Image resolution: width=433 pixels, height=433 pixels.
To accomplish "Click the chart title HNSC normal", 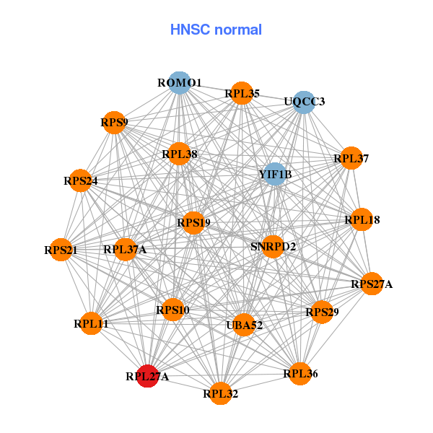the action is (216, 30).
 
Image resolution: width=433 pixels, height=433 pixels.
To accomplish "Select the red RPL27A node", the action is (148, 375).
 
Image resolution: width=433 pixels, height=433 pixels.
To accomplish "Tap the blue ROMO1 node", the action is (178, 82).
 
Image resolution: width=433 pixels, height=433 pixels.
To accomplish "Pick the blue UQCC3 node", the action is (304, 101).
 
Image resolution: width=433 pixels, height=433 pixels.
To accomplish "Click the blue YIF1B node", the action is (274, 174).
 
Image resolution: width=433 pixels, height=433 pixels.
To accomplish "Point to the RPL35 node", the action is (242, 93).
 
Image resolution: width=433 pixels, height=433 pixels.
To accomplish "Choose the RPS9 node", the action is (114, 123).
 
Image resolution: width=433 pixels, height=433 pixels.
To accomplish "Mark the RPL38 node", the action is (179, 154).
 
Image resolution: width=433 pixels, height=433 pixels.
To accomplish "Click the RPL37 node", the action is (351, 158).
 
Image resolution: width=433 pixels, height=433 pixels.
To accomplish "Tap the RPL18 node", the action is (362, 219).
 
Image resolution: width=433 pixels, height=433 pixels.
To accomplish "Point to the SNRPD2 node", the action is (273, 246).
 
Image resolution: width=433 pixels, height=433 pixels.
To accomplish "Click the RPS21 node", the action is (61, 250).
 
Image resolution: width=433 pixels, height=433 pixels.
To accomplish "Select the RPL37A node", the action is (125, 250).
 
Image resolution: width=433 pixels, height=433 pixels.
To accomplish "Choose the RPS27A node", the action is (372, 284).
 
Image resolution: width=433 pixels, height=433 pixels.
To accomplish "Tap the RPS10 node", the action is (172, 310).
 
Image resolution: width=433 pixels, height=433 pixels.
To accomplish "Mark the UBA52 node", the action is (244, 325).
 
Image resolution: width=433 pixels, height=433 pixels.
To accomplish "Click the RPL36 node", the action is (300, 373).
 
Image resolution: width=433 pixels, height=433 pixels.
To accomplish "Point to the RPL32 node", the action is (221, 393).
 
